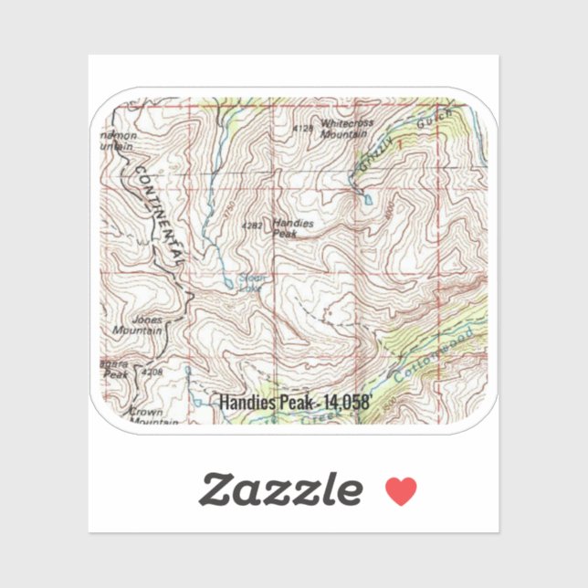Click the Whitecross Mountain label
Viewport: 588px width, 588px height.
tap(342, 128)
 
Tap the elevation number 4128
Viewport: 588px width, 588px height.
tap(303, 129)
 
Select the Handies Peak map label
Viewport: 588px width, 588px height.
tap(292, 227)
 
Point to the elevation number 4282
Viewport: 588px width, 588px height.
tap(252, 224)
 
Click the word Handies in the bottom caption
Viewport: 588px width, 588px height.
tap(246, 401)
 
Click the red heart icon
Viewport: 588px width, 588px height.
tap(400, 491)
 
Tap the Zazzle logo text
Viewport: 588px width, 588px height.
tap(280, 490)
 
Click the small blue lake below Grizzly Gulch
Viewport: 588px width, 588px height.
tap(367, 197)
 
